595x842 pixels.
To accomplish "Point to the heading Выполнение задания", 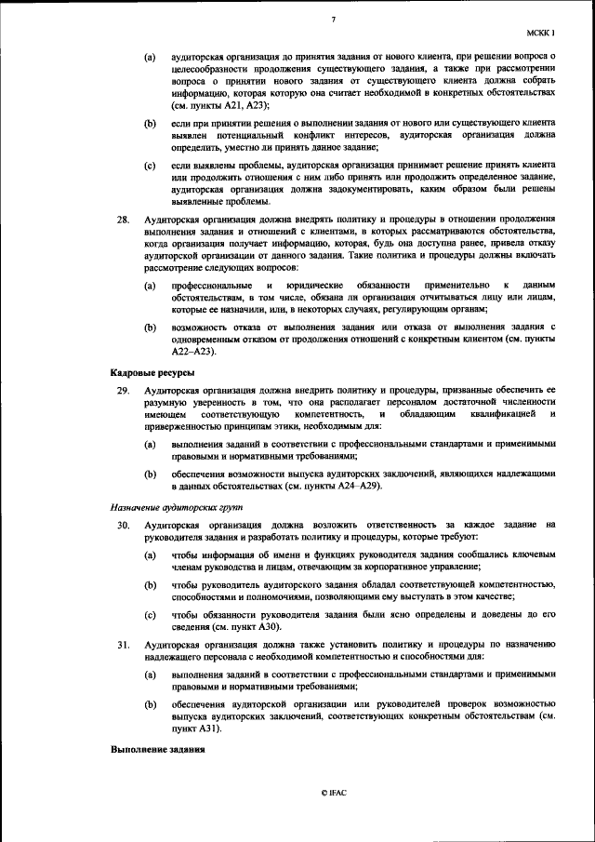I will pos(157,750).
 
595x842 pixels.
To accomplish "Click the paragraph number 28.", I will pos(123,220).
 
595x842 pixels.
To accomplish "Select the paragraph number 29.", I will pos(123,390).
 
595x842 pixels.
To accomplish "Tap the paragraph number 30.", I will pos(123,525).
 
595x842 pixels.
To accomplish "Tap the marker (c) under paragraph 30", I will pos(150,614).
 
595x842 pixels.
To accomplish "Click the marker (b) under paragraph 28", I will pos(150,327).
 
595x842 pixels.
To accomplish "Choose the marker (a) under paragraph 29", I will pos(150,445).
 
